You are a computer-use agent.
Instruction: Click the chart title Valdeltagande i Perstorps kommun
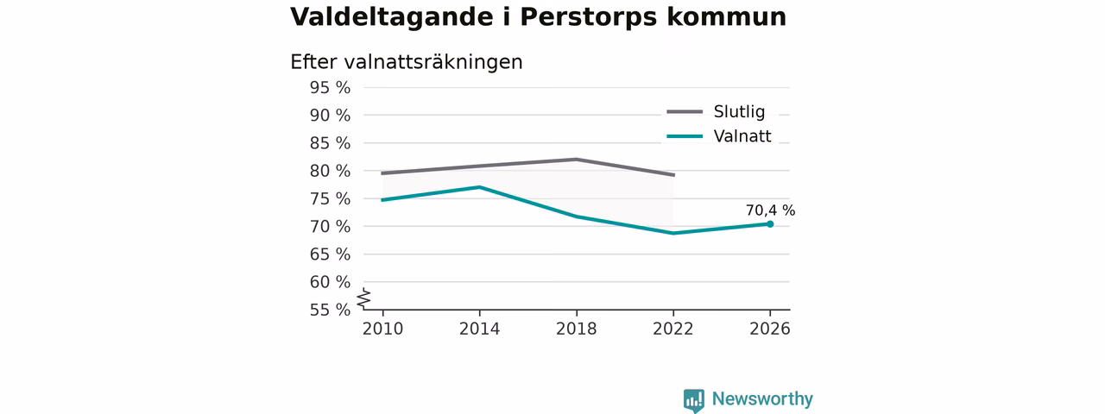click(x=538, y=18)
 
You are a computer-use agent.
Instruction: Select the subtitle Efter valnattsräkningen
click(x=406, y=62)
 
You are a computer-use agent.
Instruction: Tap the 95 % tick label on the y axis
click(x=330, y=88)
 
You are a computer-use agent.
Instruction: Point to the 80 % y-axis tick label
click(x=330, y=171)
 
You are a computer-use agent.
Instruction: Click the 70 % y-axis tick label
click(x=330, y=227)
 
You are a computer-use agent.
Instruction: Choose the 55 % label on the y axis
click(x=330, y=310)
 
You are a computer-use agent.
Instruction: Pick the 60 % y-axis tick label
click(x=330, y=282)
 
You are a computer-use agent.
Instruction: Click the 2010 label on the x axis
click(x=382, y=329)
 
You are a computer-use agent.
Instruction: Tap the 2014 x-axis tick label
click(x=479, y=329)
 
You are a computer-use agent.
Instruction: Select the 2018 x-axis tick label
click(x=576, y=329)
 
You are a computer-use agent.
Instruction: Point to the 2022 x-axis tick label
click(x=672, y=329)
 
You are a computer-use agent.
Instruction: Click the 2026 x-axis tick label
click(x=769, y=329)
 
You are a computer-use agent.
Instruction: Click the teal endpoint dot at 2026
click(x=770, y=224)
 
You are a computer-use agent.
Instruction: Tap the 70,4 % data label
click(x=770, y=210)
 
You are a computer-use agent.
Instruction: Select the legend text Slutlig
click(x=739, y=112)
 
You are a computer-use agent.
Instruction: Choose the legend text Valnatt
click(x=742, y=136)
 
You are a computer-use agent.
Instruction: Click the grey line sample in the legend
click(x=685, y=112)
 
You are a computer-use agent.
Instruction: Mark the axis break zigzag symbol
click(x=364, y=298)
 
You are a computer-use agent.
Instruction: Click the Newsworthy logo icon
click(x=693, y=400)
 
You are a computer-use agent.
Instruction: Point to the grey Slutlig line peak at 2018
click(x=576, y=160)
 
